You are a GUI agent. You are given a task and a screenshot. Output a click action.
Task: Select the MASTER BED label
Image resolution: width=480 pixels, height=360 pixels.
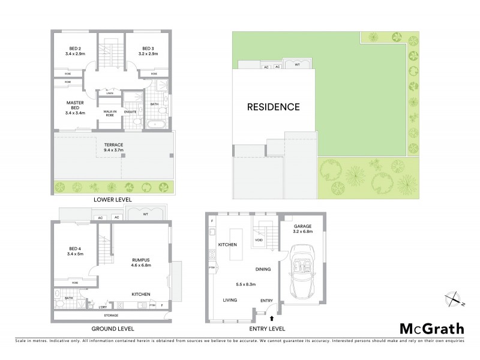(x=75, y=106)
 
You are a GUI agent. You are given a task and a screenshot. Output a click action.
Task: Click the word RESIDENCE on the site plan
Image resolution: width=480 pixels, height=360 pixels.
(x=273, y=107)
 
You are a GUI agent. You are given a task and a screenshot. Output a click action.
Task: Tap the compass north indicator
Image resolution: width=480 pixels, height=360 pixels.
(x=454, y=297)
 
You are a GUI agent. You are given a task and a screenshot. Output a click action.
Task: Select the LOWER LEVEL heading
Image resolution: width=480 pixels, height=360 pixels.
(x=112, y=199)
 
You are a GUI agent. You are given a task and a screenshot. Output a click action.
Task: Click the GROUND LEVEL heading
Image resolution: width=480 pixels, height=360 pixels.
(x=112, y=329)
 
